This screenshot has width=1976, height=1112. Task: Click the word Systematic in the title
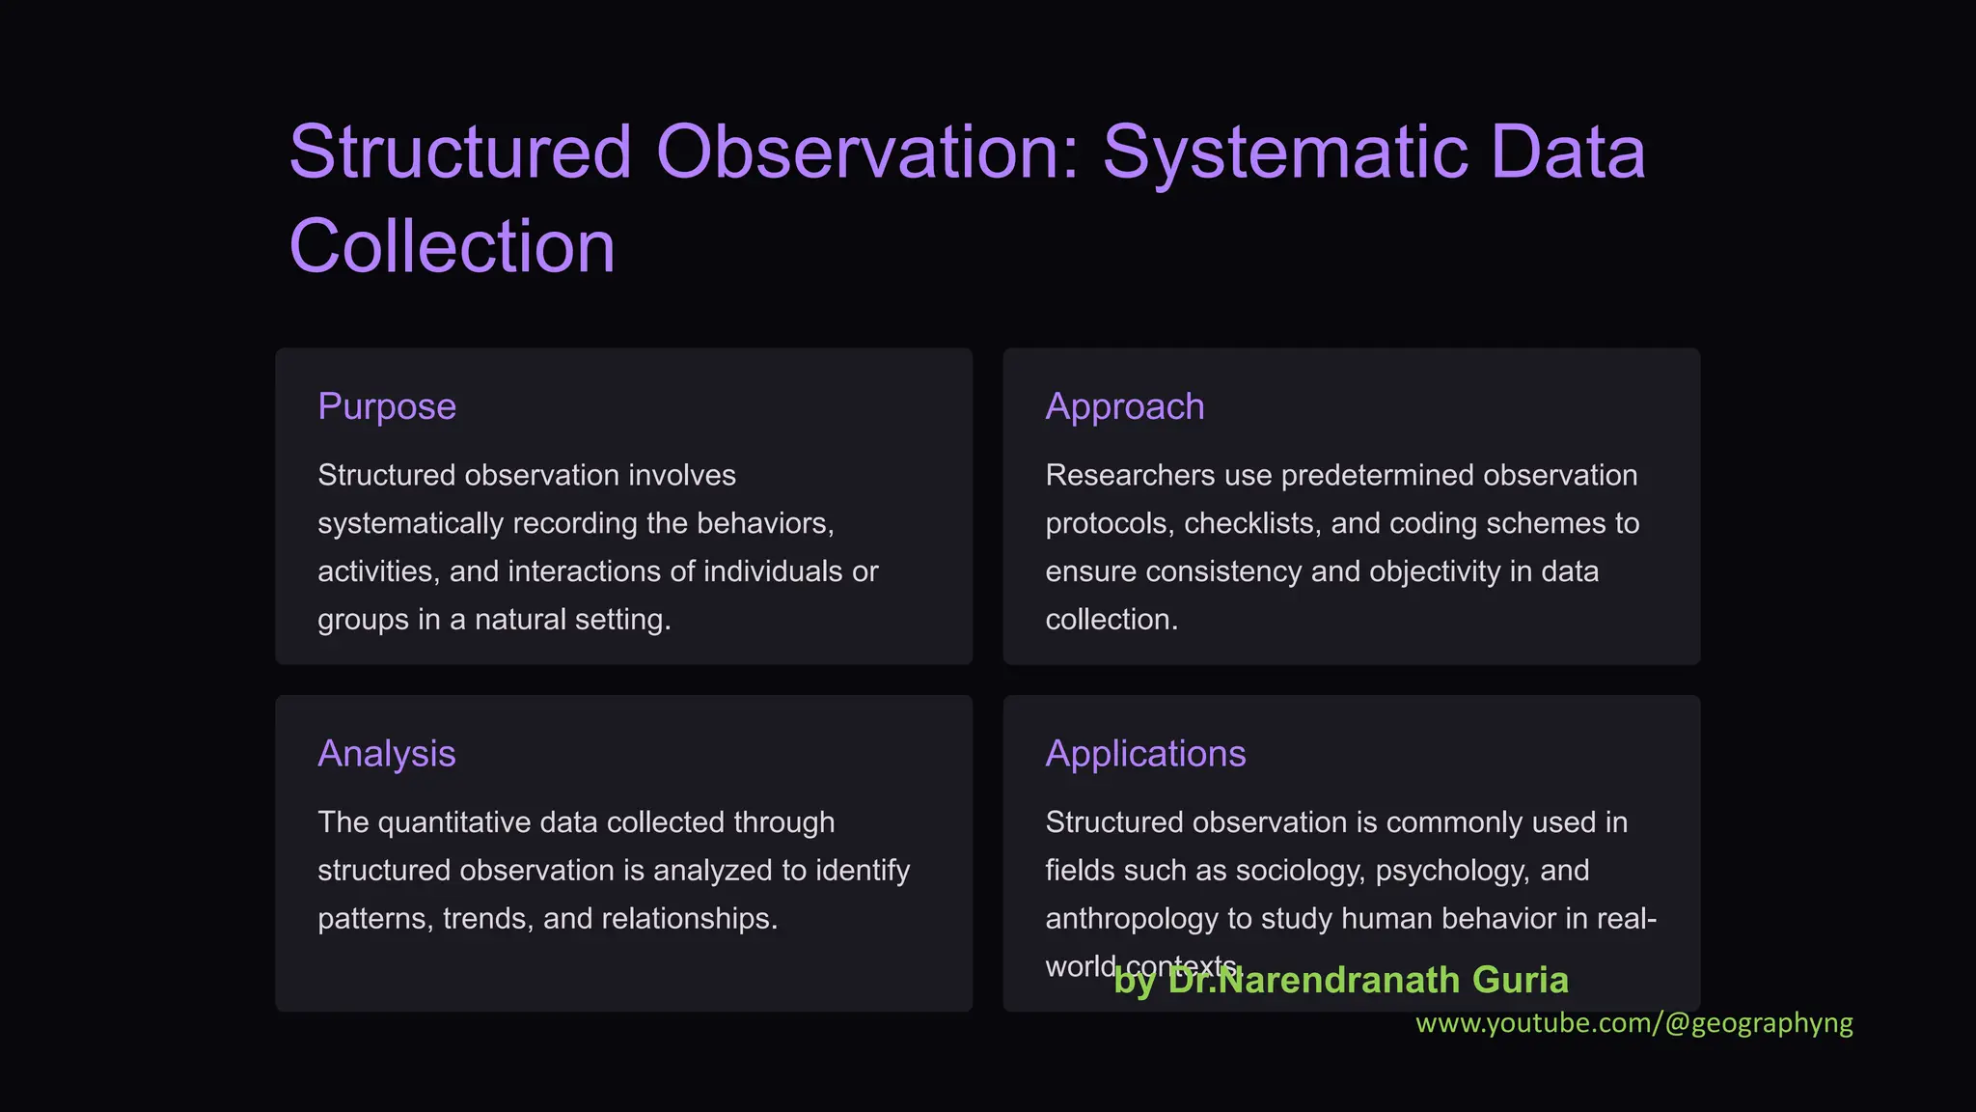(1283, 153)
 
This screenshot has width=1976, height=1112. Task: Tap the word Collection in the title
(452, 247)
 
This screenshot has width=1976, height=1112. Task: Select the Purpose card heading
(387, 406)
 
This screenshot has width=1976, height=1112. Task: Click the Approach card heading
(1124, 406)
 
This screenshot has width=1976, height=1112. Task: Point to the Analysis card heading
(386, 754)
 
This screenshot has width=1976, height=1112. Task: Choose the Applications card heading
(1145, 754)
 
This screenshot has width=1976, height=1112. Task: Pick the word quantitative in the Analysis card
(454, 822)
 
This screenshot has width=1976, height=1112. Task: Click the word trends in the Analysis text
(487, 919)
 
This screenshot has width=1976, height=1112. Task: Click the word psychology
(1452, 871)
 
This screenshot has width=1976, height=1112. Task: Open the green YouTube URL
(1633, 1023)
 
